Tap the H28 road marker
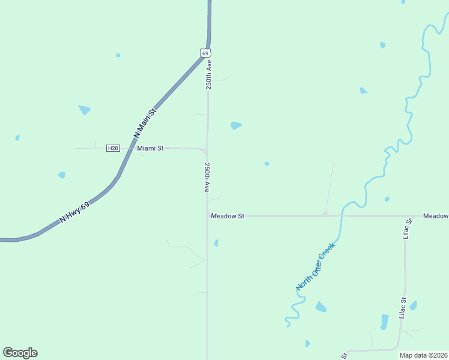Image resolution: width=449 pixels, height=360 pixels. (112, 148)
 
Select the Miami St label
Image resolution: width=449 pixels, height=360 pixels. (150, 148)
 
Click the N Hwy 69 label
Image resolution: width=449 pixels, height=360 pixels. (74, 213)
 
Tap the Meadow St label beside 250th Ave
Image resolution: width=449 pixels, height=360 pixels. (228, 216)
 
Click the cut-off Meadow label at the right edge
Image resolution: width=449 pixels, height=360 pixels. (435, 216)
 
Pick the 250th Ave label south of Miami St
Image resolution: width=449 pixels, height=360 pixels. (207, 177)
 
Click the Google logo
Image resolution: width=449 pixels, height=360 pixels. (20, 353)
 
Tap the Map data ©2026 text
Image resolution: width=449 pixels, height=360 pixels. (423, 355)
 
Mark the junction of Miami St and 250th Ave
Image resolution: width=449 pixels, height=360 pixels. (206, 149)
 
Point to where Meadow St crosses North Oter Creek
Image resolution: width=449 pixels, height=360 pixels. (343, 215)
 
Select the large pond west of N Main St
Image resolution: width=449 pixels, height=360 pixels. (85, 110)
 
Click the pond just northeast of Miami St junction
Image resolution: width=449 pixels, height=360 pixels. (236, 125)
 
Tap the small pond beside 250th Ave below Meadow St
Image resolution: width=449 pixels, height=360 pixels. (216, 243)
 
